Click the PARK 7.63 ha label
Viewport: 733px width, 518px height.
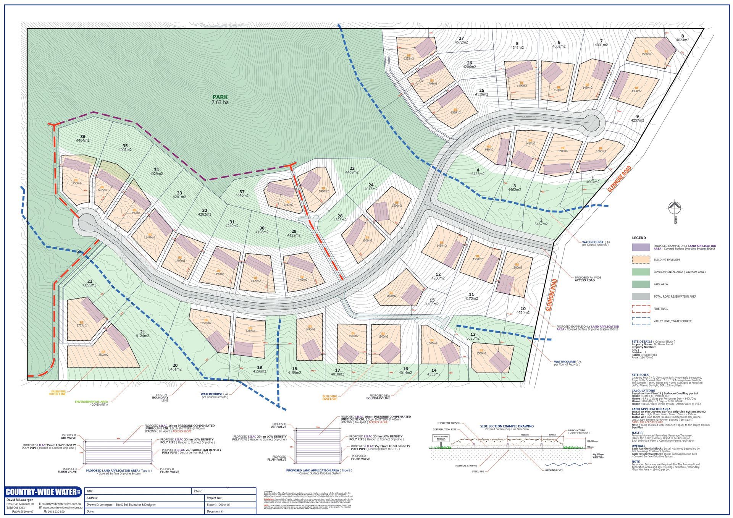tap(220, 100)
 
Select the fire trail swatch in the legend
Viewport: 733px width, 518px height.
tap(641, 309)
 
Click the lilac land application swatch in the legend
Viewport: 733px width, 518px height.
tap(641, 247)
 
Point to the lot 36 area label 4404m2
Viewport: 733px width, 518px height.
tap(83, 141)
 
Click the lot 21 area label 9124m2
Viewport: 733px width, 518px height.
tap(142, 336)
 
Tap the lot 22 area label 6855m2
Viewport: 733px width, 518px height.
tap(90, 285)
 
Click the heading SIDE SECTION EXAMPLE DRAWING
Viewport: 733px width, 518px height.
tap(507, 426)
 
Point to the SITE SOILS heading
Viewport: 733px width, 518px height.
tap(640, 375)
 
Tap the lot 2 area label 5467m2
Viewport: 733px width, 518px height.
tap(541, 224)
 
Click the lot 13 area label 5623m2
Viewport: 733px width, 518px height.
tap(473, 338)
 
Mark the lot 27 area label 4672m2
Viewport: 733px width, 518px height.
tap(461, 42)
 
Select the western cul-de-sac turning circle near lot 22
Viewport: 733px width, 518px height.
tap(86, 222)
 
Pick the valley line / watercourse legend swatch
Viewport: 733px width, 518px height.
tap(641, 321)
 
